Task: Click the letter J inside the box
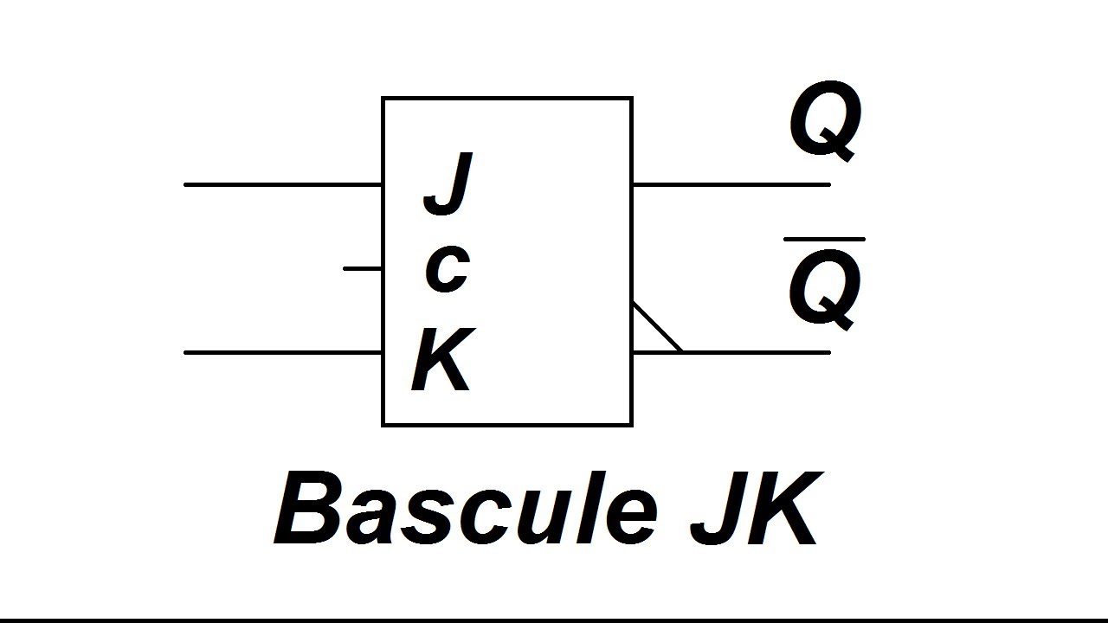click(448, 183)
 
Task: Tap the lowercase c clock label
click(447, 268)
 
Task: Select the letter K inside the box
click(442, 359)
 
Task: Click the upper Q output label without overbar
click(825, 124)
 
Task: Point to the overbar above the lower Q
click(824, 239)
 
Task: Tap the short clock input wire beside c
click(363, 268)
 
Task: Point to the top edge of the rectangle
click(507, 99)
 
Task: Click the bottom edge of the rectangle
click(507, 424)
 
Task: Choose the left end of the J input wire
click(187, 184)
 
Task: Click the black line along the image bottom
click(554, 620)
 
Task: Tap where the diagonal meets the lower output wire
click(680, 351)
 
